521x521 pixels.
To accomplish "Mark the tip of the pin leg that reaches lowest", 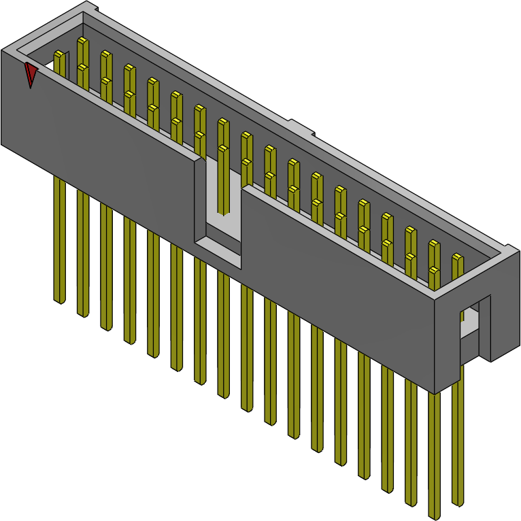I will point(434,516).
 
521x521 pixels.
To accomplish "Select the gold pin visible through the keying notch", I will point(223,177).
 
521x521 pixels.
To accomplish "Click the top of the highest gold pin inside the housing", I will point(83,41).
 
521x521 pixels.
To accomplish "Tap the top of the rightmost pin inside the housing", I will point(458,258).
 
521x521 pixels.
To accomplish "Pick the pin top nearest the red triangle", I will point(61,54).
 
